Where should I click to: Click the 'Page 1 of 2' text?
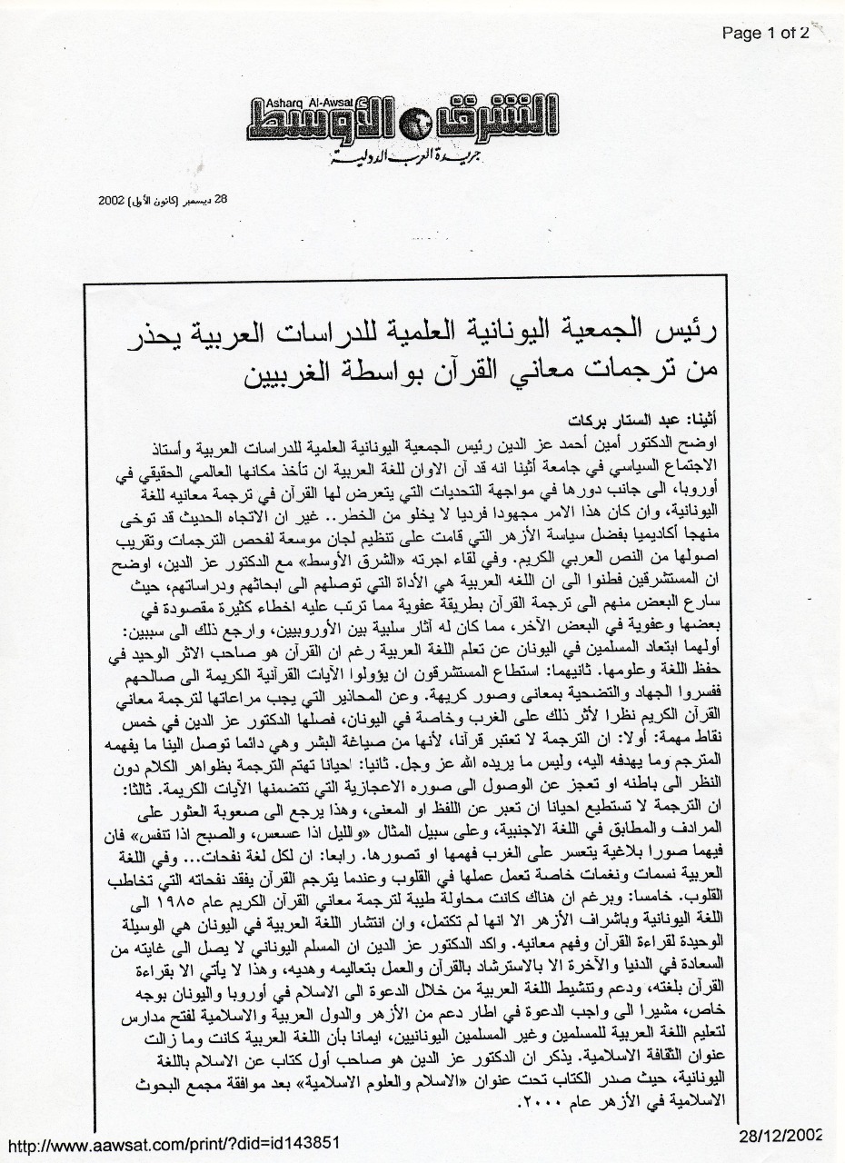click(x=765, y=35)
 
